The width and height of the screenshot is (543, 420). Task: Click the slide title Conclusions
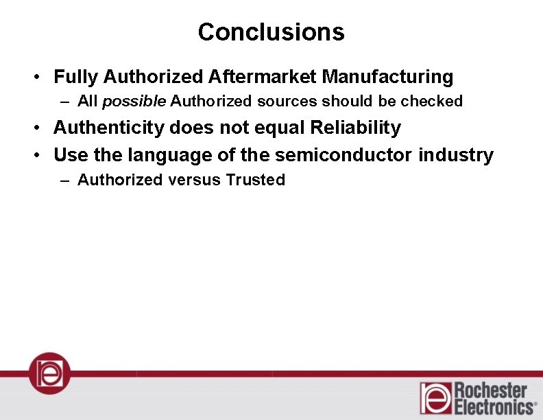271,32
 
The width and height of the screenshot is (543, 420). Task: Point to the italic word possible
134,102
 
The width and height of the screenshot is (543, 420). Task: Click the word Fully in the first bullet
76,76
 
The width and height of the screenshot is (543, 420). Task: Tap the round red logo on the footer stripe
49,373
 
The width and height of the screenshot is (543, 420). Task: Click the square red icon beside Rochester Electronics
436,398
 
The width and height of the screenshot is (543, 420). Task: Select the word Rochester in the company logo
491,391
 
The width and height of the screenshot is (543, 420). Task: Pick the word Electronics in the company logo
494,407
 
